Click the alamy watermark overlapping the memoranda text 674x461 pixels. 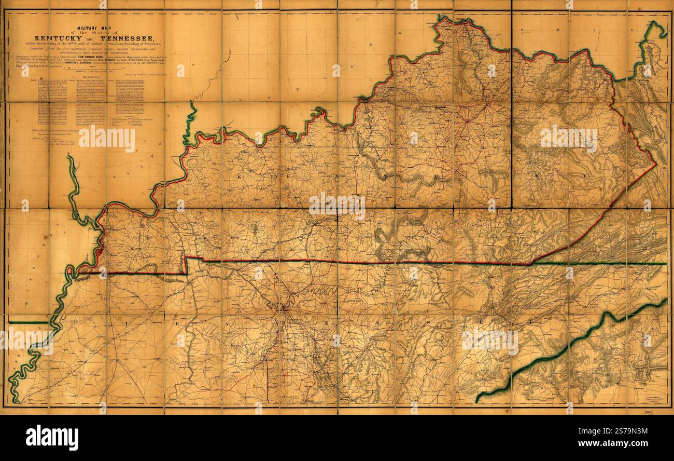(x=107, y=139)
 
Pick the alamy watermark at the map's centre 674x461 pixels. (x=337, y=206)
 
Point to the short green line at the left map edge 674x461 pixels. (x=29, y=322)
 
